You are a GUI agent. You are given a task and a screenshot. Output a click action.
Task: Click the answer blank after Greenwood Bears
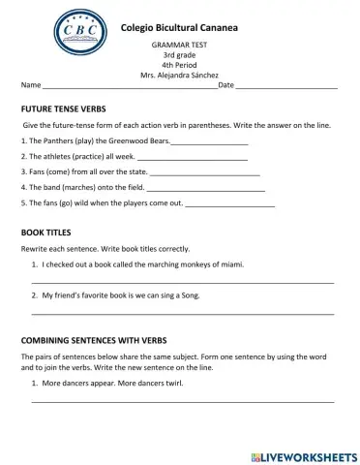(x=209, y=143)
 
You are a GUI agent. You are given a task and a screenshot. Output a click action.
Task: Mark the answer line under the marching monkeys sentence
(x=183, y=281)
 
